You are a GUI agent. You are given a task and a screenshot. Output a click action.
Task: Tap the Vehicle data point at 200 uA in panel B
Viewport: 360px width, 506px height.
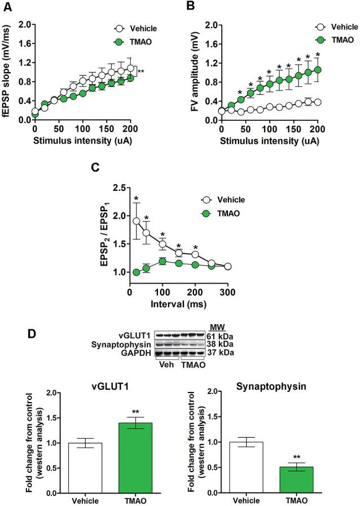click(318, 102)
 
